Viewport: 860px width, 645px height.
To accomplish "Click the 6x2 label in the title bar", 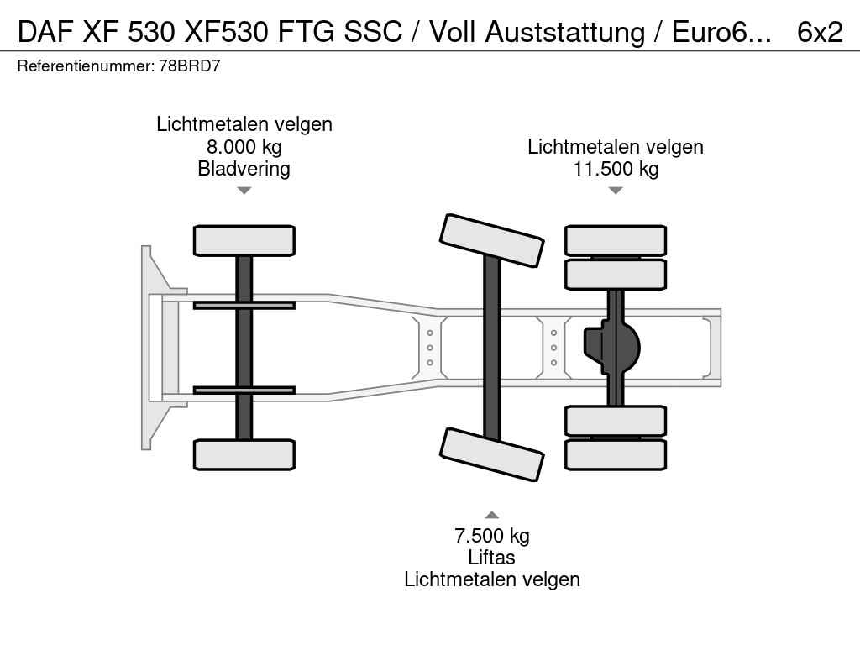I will pyautogui.click(x=820, y=31).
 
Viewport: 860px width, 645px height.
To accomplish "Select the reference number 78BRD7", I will pyautogui.click(x=190, y=66).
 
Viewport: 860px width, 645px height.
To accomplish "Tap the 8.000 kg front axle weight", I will pyautogui.click(x=244, y=147).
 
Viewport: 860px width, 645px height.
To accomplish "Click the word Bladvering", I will pyautogui.click(x=244, y=169).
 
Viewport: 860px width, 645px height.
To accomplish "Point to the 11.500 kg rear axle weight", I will pyautogui.click(x=616, y=169).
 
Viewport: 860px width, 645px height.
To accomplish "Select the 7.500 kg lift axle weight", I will pyautogui.click(x=492, y=536).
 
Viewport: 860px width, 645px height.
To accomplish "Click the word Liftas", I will pyautogui.click(x=492, y=558).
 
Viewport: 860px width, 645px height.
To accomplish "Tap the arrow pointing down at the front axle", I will pyautogui.click(x=244, y=191).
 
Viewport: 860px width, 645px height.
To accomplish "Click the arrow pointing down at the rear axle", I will pyautogui.click(x=616, y=191).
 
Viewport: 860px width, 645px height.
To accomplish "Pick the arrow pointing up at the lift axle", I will pyautogui.click(x=492, y=515).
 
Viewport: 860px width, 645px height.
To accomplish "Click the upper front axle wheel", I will pyautogui.click(x=244, y=240).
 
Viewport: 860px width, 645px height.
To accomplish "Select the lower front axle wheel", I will pyautogui.click(x=244, y=454).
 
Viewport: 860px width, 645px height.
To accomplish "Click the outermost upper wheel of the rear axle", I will pyautogui.click(x=616, y=240).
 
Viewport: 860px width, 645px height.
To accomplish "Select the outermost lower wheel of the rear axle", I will pyautogui.click(x=616, y=454).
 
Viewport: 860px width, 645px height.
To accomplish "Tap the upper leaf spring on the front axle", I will pyautogui.click(x=244, y=305).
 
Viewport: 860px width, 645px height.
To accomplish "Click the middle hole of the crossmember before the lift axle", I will pyautogui.click(x=430, y=348).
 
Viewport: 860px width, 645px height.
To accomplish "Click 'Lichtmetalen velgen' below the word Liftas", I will pyautogui.click(x=492, y=579).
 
